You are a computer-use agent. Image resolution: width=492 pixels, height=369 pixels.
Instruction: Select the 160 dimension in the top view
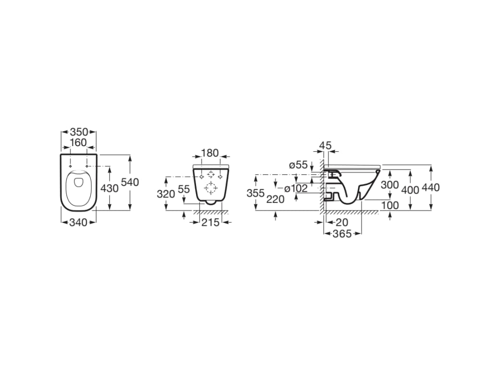click(78, 143)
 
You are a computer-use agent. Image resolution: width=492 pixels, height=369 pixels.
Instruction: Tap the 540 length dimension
click(130, 183)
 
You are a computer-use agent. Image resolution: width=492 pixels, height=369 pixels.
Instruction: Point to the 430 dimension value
click(110, 188)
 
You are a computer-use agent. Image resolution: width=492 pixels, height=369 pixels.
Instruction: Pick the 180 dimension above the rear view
click(210, 153)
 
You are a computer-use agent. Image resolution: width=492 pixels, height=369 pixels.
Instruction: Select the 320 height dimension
click(166, 194)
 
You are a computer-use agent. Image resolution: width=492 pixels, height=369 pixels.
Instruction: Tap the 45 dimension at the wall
click(326, 145)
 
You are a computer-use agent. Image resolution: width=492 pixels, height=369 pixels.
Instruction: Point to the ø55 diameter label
click(298, 165)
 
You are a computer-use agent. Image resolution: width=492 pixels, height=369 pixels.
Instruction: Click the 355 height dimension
click(256, 193)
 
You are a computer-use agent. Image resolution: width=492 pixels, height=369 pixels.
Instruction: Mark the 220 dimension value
click(275, 199)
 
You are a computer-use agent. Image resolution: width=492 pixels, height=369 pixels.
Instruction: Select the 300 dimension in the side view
click(390, 185)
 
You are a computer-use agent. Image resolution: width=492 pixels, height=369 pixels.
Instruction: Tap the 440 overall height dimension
click(430, 188)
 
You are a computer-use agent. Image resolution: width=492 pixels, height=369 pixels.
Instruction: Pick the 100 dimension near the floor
click(390, 205)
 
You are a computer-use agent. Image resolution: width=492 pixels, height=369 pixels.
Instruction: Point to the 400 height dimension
click(410, 189)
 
